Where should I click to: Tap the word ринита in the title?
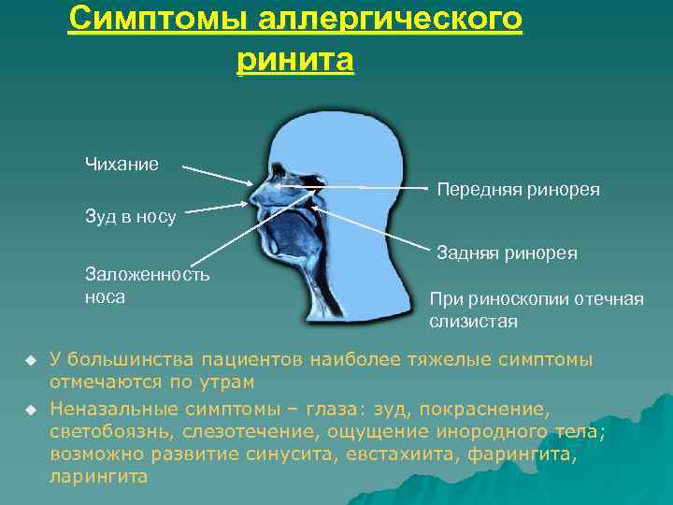[x=295, y=61]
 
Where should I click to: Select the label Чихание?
[x=122, y=165]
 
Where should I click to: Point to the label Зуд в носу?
[x=130, y=217]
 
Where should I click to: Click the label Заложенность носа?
[x=147, y=285]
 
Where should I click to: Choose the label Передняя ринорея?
[x=518, y=190]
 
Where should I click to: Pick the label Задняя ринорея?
[x=507, y=252]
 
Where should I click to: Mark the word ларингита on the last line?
[x=97, y=476]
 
